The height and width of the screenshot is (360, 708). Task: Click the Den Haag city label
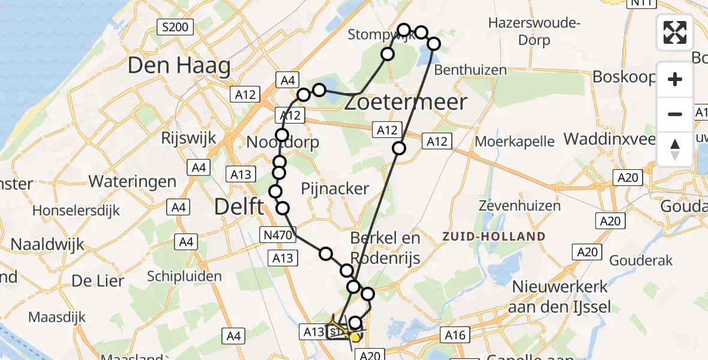pyautogui.click(x=179, y=66)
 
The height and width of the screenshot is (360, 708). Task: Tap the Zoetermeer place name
pyautogui.click(x=406, y=103)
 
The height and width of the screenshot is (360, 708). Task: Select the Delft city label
pyautogui.click(x=239, y=208)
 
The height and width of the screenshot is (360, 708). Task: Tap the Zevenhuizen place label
pyautogui.click(x=520, y=206)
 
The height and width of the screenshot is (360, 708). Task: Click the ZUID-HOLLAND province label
pyautogui.click(x=494, y=236)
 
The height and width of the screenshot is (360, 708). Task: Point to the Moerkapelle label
pyautogui.click(x=515, y=142)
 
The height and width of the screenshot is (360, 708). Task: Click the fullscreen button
pyautogui.click(x=675, y=32)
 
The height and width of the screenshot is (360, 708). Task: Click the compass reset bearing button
pyautogui.click(x=675, y=148)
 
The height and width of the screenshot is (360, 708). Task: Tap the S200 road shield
pyautogui.click(x=174, y=26)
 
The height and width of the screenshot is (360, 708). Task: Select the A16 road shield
pyautogui.click(x=455, y=335)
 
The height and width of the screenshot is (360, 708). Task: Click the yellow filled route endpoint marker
pyautogui.click(x=356, y=337)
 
